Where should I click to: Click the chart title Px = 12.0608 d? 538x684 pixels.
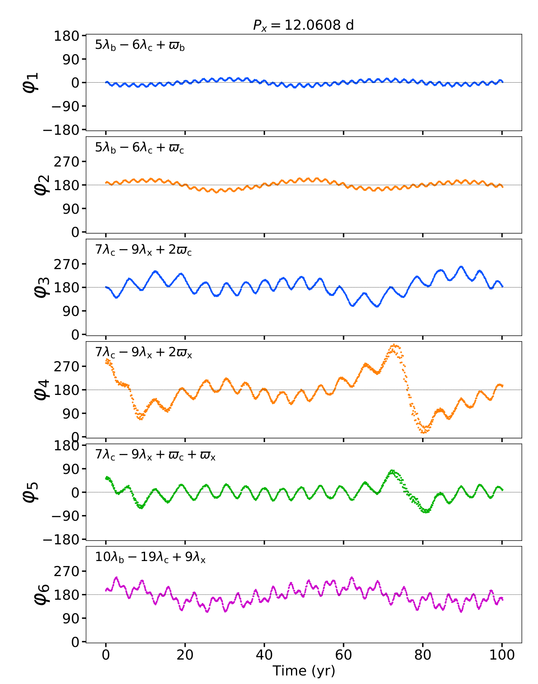coord(304,26)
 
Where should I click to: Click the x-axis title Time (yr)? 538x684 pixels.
coord(304,671)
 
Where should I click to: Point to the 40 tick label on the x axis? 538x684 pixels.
coord(264,655)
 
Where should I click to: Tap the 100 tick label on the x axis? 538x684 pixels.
coord(502,655)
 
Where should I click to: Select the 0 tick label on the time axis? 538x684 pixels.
coord(106,655)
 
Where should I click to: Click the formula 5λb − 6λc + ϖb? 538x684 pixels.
coord(140,45)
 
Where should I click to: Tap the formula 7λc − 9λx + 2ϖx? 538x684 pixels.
coord(143,352)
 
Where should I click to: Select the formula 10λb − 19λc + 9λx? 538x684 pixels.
coord(150,557)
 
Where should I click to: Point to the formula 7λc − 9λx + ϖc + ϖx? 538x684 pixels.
coord(155,454)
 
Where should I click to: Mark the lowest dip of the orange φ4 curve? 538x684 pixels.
coord(424,432)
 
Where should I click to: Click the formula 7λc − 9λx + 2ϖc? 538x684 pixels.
coord(143,250)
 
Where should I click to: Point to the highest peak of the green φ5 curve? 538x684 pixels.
coord(392,471)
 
